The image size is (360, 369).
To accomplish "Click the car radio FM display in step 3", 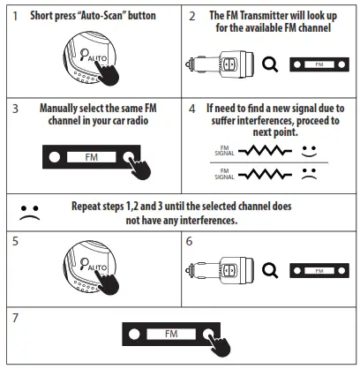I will coord(92,156).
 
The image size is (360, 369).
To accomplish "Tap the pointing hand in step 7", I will coord(220,340).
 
